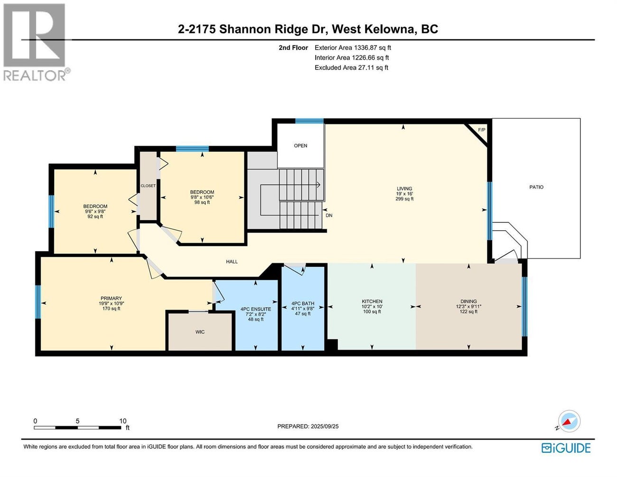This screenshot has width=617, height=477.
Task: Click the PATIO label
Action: click(x=536, y=187)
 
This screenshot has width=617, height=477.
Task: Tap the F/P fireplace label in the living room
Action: click(x=481, y=130)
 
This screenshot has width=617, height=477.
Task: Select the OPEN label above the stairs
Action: click(x=300, y=146)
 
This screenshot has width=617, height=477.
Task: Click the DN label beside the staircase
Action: click(x=329, y=215)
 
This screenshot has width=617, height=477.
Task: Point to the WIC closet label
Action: click(x=200, y=332)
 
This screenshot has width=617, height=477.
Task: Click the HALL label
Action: click(x=232, y=262)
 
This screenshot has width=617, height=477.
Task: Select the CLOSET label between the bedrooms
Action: click(x=148, y=186)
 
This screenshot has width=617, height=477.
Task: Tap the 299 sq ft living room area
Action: click(x=404, y=199)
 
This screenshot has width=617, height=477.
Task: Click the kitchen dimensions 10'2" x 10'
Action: click(x=372, y=307)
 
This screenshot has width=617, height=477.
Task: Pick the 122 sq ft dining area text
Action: click(x=468, y=312)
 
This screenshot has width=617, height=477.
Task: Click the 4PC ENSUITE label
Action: click(x=256, y=309)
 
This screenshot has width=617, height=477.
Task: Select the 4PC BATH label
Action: click(x=303, y=303)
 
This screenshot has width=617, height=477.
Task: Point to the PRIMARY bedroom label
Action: click(x=111, y=299)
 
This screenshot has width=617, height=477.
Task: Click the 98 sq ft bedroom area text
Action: click(x=202, y=203)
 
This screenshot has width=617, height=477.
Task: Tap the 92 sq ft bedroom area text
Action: click(x=95, y=217)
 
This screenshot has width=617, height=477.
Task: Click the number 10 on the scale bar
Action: click(x=123, y=421)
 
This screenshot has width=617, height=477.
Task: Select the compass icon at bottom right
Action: click(x=569, y=421)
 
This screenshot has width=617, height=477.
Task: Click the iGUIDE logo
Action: click(x=566, y=448)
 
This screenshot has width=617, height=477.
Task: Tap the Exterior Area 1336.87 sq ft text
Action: click(x=353, y=47)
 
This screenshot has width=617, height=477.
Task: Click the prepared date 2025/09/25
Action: click(x=324, y=426)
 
